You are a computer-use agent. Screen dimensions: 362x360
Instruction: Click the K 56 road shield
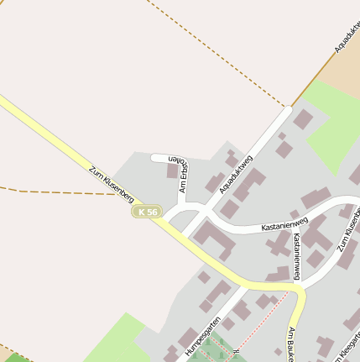pos(147,212)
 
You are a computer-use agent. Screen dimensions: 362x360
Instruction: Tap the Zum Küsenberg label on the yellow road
pos(112,183)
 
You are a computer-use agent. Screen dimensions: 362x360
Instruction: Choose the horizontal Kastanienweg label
pos(285,224)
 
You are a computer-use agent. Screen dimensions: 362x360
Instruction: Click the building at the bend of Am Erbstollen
pos(174,171)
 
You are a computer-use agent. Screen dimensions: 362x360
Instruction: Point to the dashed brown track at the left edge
pos(50,192)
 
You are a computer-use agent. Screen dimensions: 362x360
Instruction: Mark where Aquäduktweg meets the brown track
pos(290,107)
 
